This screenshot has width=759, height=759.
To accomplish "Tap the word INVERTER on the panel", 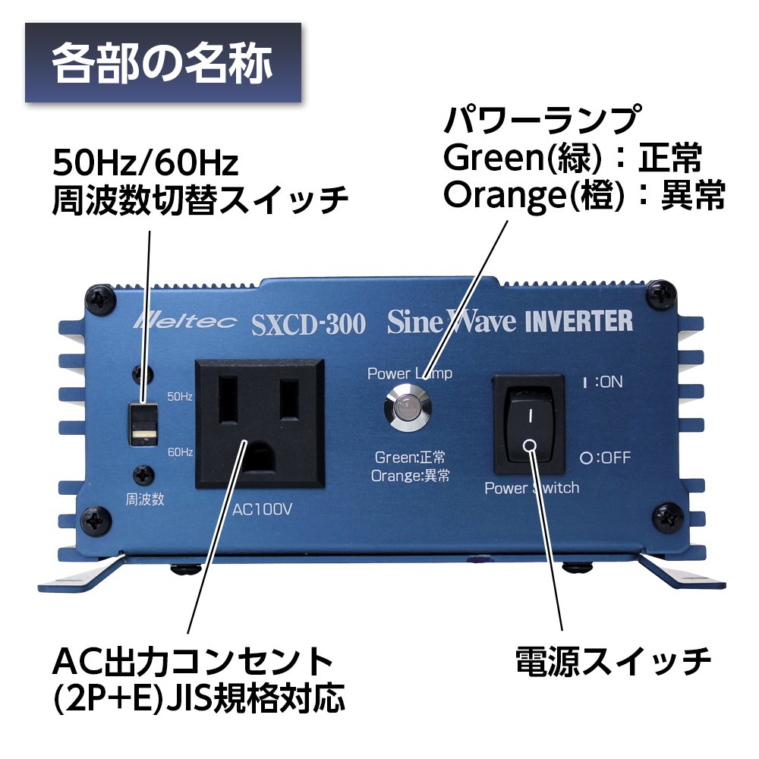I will [579, 321].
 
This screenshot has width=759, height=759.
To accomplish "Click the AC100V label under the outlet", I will [263, 509].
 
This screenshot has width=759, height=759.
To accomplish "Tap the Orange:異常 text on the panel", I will [411, 476].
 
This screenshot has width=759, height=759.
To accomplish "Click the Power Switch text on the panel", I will [531, 488].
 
